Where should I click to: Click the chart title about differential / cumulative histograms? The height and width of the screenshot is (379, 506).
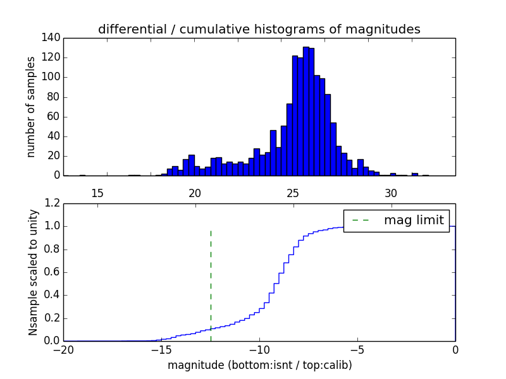[x=259, y=29]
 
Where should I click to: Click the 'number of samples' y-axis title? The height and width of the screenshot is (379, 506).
[x=31, y=107]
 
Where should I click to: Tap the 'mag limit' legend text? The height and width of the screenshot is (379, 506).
[x=414, y=220]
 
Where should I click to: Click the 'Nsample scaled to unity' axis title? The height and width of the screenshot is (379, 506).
[x=33, y=272]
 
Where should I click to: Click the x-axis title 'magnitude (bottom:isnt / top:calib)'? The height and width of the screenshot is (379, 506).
[x=259, y=365]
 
